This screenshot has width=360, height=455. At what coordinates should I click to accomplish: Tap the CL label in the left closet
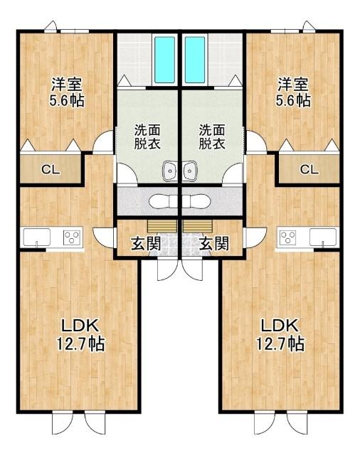(49, 169)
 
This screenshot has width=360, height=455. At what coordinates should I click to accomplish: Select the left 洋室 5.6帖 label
(66, 92)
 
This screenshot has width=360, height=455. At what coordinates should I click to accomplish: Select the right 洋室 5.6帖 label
(293, 92)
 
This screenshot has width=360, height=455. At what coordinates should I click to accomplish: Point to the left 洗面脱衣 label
(148, 136)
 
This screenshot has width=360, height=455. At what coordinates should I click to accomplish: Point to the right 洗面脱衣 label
(211, 136)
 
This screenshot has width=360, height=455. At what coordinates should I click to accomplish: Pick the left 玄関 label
(145, 244)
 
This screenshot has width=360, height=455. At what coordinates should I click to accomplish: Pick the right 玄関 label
(214, 244)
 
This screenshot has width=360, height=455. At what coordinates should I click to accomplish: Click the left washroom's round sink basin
(171, 170)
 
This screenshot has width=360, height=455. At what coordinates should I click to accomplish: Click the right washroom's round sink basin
(189, 170)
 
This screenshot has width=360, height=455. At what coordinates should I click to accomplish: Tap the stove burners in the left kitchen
(71, 237)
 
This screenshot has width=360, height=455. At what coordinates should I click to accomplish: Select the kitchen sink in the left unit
(35, 237)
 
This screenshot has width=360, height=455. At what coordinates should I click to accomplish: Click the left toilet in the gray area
(163, 200)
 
